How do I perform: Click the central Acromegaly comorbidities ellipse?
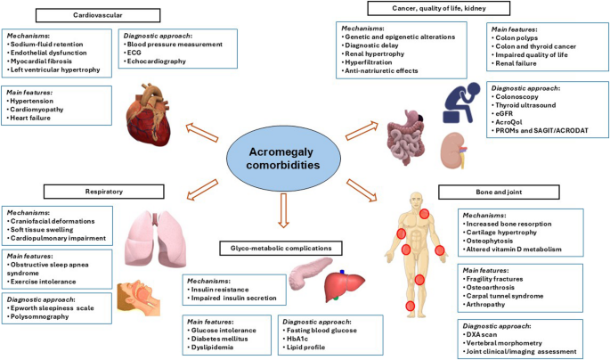(283, 159)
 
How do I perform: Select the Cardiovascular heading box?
(98, 15)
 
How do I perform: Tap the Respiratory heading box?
(104, 192)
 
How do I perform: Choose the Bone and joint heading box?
(499, 192)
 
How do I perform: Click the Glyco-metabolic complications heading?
(281, 248)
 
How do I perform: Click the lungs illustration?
(156, 239)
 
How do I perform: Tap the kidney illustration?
(453, 151)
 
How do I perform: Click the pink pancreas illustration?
(310, 271)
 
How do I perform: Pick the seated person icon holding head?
(462, 102)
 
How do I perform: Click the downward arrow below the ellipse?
(283, 210)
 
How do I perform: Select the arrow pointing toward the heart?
(201, 132)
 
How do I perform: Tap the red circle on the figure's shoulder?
(424, 214)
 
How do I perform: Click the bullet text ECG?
(134, 53)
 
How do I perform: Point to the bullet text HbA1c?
(297, 339)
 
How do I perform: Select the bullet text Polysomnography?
(40, 316)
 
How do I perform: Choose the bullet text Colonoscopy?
(516, 96)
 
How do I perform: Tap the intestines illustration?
(405, 135)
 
